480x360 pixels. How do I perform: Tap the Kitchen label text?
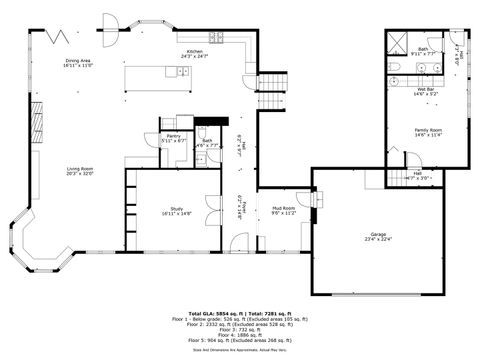194,51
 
